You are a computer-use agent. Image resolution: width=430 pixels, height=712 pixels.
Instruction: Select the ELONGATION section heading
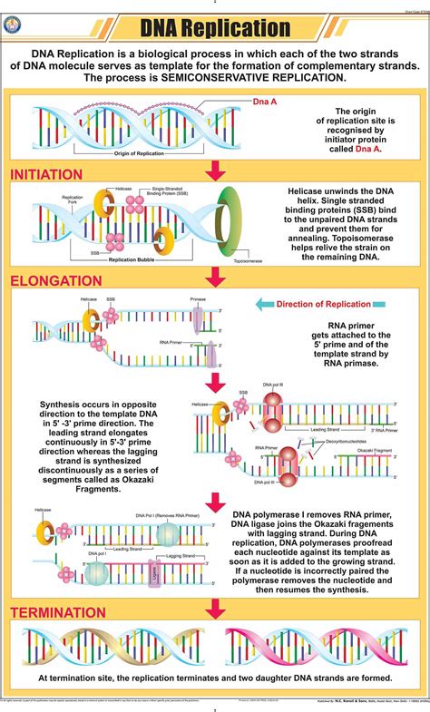(x=56, y=281)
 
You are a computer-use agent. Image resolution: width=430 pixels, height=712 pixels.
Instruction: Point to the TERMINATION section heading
(x=58, y=612)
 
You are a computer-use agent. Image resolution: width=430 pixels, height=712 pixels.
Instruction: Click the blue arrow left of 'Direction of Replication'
(x=264, y=305)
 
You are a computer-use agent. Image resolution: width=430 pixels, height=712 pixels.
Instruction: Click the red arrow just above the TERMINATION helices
(x=215, y=608)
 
